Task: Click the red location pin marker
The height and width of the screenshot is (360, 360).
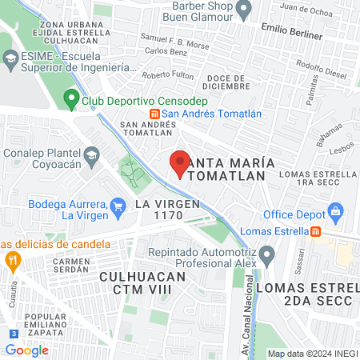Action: click(180, 163)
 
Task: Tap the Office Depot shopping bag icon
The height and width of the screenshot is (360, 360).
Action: click(335, 214)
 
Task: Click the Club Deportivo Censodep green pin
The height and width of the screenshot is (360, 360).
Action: click(70, 101)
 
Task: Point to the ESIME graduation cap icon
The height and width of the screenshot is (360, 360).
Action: click(10, 58)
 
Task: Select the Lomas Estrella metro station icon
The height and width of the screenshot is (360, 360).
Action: click(316, 231)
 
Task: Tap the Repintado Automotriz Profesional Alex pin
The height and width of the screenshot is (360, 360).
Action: click(267, 256)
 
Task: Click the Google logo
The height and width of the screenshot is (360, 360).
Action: click(26, 350)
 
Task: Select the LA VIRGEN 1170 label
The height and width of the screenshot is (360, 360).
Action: click(166, 210)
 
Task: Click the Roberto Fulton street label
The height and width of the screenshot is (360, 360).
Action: click(167, 75)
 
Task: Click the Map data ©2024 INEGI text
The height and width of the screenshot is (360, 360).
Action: click(312, 354)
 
